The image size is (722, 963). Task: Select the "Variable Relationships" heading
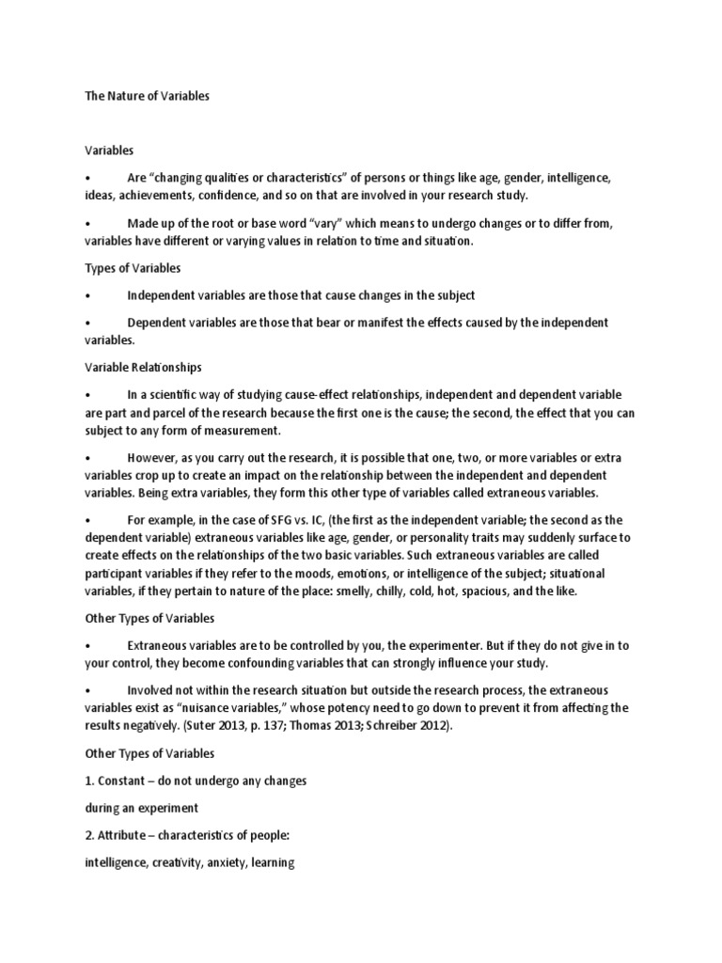pyautogui.click(x=143, y=367)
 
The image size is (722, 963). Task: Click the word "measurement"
pyautogui.click(x=246, y=430)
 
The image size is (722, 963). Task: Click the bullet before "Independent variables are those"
pyautogui.click(x=86, y=295)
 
